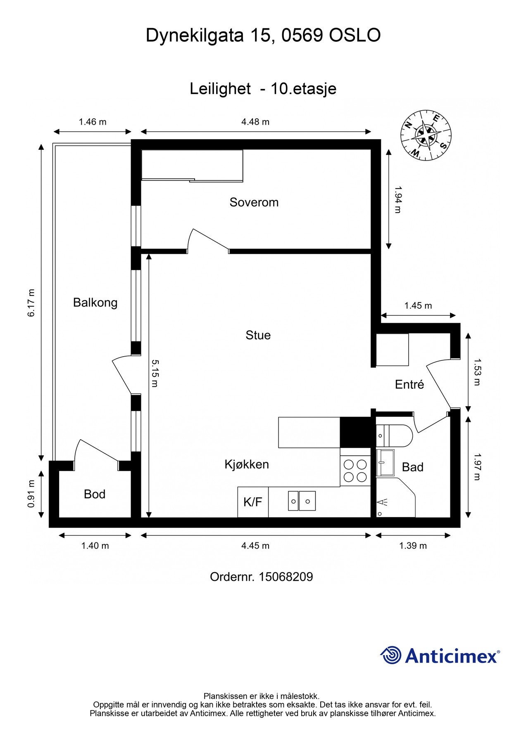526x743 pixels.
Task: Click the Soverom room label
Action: tap(254, 202)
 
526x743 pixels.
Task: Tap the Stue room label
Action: tap(258, 335)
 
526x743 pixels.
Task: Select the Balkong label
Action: tap(95, 303)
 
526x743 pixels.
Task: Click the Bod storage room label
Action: tap(95, 494)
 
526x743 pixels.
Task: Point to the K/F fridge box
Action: tap(253, 502)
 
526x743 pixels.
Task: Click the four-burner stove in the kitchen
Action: tap(355, 471)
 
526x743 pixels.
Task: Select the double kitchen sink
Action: tap(302, 501)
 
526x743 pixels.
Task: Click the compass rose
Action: tap(426, 136)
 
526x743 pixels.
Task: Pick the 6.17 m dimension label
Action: tap(31, 303)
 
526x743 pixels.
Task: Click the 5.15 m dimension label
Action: tap(155, 374)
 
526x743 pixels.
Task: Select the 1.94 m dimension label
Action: tap(397, 199)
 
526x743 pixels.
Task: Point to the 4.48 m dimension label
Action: tap(255, 122)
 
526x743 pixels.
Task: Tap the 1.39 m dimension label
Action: tap(413, 546)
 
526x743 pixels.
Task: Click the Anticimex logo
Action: tap(440, 655)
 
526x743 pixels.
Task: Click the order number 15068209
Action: tap(286, 577)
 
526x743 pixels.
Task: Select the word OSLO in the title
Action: tap(355, 36)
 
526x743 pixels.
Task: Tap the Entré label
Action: tap(409, 385)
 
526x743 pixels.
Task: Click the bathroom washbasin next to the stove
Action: tap(386, 463)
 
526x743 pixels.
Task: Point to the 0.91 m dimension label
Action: tap(31, 494)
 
